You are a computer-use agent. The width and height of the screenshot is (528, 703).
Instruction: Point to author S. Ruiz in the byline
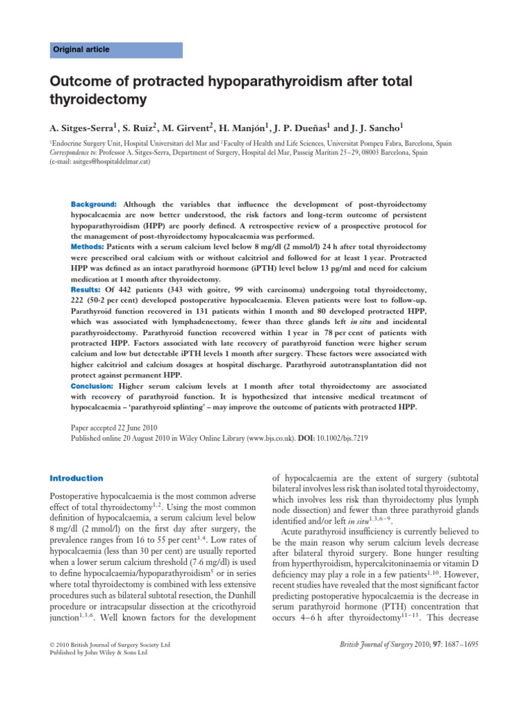138,127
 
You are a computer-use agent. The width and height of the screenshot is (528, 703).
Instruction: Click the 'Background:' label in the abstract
94,205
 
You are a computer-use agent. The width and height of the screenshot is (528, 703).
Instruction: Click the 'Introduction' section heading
77,479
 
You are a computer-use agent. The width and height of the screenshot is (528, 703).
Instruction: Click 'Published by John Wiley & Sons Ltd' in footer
100,653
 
